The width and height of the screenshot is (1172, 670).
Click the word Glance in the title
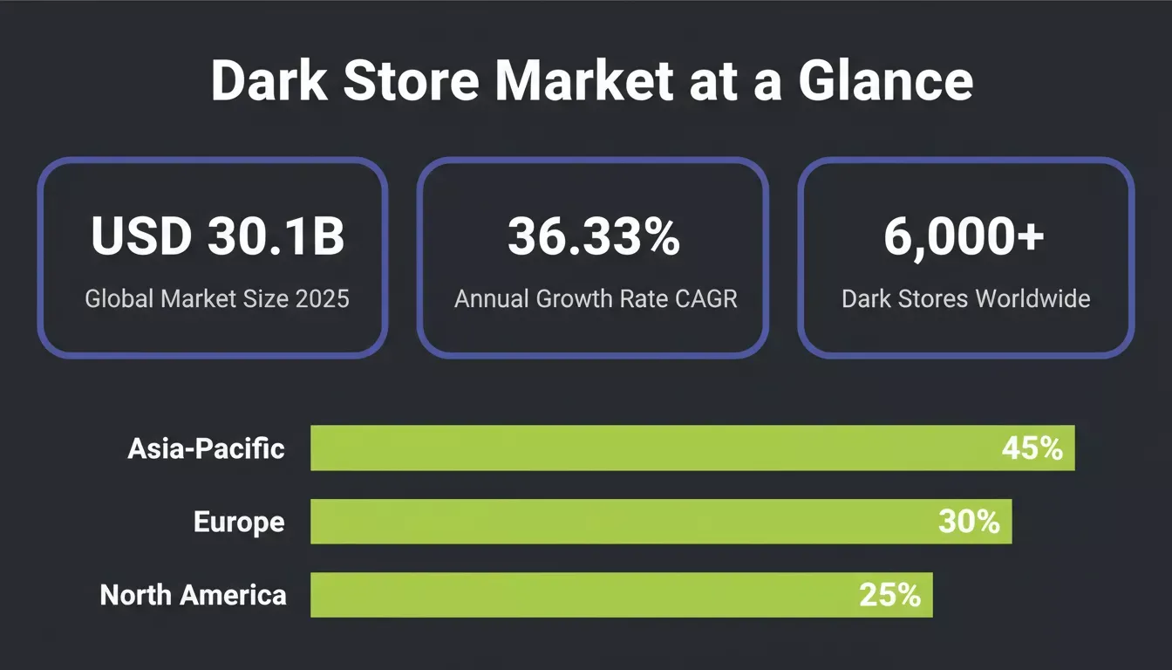point(885,80)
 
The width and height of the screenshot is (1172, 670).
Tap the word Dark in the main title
point(269,80)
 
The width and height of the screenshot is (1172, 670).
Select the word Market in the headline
point(584,80)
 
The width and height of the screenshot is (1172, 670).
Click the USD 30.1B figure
point(218,236)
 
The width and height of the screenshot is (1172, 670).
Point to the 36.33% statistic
point(594,236)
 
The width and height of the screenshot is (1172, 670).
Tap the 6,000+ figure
point(964,236)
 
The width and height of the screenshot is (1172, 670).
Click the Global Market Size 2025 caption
point(217,299)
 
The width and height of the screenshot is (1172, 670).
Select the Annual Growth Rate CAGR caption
point(596,299)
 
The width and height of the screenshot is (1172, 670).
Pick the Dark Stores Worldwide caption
point(966,299)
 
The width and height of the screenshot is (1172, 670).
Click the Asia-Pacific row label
point(206,448)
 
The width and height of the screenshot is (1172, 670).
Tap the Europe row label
point(239,522)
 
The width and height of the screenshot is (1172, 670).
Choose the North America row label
point(193,595)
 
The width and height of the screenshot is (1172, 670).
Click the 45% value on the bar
point(1032,448)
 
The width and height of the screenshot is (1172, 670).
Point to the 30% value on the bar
point(969,522)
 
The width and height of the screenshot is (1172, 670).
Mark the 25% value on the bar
point(890,595)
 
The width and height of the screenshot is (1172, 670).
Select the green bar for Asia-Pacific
point(692,448)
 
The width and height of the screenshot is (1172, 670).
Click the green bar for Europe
point(661,522)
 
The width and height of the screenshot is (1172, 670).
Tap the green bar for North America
point(622,595)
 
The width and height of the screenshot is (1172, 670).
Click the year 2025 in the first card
point(323,299)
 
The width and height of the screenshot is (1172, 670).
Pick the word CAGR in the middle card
point(705,299)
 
